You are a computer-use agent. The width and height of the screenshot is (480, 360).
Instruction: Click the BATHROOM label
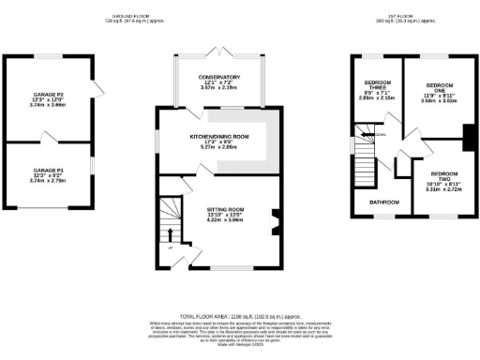(383, 202)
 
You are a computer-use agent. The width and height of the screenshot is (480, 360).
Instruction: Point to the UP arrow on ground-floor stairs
(170, 235)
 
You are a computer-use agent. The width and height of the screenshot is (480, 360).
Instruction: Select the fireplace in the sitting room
(276, 224)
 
